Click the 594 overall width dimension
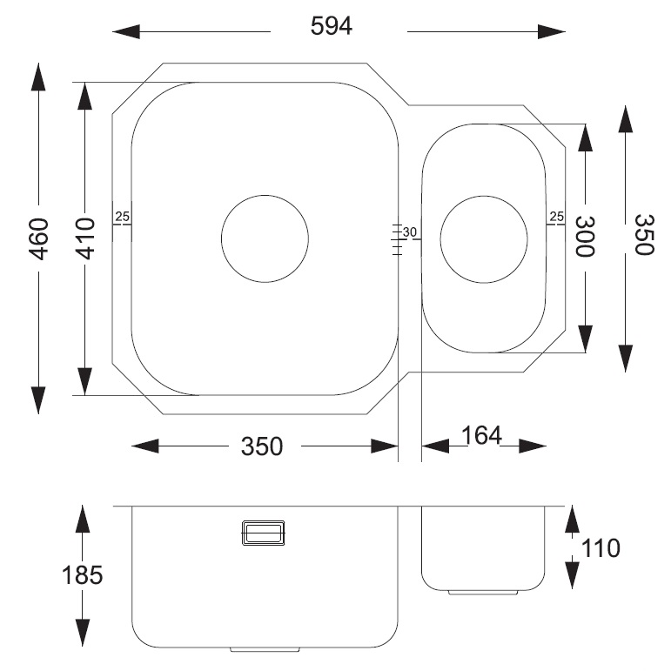pos(332,27)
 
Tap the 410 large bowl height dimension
pos(84,238)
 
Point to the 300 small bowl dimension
pos(584,237)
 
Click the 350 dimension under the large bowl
pos(262,446)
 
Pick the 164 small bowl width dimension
pos(482,436)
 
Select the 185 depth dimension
pos(83,575)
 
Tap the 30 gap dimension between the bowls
pos(411,231)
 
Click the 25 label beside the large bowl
pos(122,217)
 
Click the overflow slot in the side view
pos(263,532)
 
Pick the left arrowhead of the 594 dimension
pos(126,32)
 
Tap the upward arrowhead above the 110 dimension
pos(572,519)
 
